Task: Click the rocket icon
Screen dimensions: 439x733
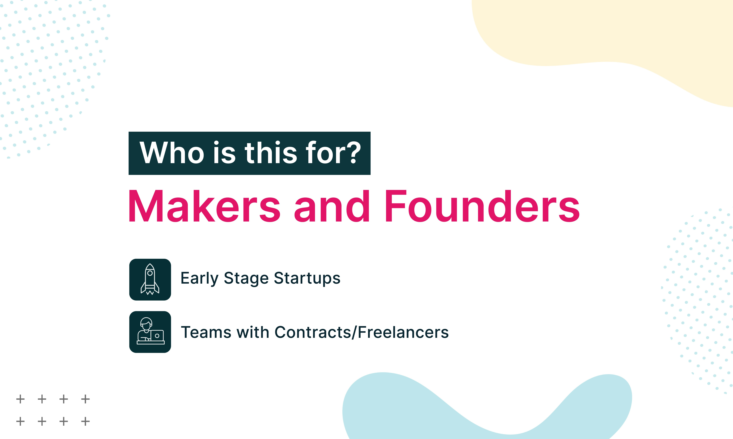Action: coord(150,280)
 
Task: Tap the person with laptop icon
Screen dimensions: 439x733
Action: coord(150,332)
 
